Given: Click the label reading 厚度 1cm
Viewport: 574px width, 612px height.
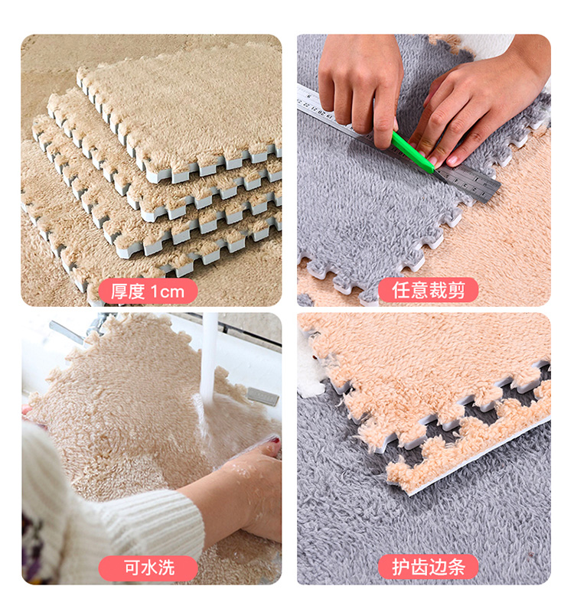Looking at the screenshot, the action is [148, 291].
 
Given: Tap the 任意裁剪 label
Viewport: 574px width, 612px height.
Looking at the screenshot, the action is [429, 290].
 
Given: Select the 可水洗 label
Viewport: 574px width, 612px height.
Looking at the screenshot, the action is [148, 568].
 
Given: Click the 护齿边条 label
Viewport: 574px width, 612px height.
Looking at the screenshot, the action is [429, 567].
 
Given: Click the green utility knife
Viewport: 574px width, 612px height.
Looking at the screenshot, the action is [413, 152].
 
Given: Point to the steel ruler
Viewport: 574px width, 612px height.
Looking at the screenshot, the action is [398, 145].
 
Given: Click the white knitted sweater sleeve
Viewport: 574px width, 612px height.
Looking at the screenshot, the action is [109, 507].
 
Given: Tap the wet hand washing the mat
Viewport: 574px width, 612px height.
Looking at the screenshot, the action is [242, 492].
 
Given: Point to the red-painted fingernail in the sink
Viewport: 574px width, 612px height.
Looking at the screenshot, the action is [276, 441].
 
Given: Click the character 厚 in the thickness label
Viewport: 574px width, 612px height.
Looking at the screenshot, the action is [119, 291].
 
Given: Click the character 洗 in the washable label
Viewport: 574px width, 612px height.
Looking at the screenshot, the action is [166, 568].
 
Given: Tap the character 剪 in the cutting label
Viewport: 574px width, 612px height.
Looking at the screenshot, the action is [456, 290].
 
